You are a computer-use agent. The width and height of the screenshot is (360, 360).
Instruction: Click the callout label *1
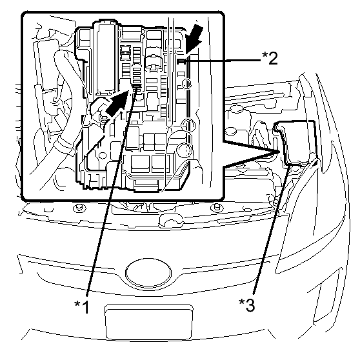click(82, 307)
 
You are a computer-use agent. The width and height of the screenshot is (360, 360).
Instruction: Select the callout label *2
click(270, 58)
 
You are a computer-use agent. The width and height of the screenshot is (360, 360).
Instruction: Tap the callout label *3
click(247, 305)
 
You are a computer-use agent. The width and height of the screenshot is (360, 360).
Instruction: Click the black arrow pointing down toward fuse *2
click(194, 39)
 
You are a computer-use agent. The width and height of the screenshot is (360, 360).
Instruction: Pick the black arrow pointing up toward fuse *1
click(117, 103)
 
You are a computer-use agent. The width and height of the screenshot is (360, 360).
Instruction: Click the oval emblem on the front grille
click(148, 272)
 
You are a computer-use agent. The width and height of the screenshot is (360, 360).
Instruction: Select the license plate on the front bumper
click(149, 323)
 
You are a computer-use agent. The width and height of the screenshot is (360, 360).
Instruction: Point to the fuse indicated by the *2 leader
click(181, 61)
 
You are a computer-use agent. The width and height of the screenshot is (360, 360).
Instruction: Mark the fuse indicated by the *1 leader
click(137, 86)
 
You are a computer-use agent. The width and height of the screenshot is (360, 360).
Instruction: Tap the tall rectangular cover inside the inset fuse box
click(106, 59)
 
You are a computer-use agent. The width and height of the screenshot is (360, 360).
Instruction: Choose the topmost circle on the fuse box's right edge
click(186, 83)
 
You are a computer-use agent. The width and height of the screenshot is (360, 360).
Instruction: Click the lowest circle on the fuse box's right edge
click(184, 150)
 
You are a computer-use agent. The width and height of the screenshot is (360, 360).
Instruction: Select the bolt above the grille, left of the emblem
click(79, 208)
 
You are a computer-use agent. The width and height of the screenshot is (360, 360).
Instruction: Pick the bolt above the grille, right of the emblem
click(217, 208)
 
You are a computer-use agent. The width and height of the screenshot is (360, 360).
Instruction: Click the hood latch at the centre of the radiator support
click(170, 221)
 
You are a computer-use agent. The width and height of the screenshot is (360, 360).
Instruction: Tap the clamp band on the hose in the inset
click(65, 144)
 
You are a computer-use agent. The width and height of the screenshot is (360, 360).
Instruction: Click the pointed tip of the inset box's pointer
click(279, 152)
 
